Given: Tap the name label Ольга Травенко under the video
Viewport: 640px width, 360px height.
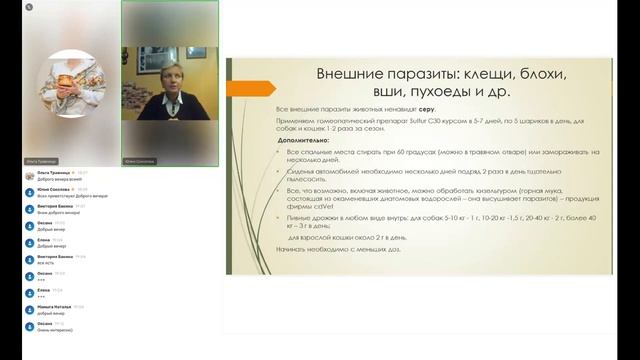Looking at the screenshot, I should point(40,160).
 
